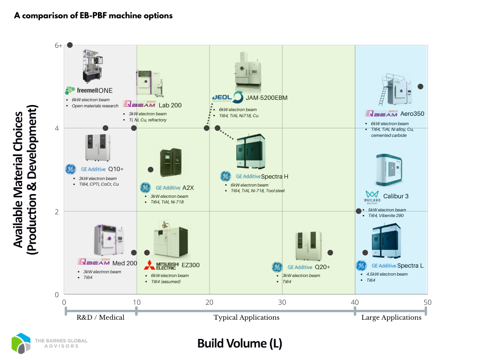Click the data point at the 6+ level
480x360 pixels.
[70, 45]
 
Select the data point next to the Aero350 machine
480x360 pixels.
[420, 87]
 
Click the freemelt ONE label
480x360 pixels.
[89, 90]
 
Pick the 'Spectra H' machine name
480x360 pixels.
[274, 176]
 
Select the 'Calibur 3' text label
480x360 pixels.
[396, 196]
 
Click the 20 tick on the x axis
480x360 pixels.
[210, 302]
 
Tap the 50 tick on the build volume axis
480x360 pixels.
[427, 302]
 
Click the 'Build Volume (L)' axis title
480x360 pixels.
[240, 344]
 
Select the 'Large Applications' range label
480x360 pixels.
[391, 317]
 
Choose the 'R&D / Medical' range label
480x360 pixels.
[100, 317]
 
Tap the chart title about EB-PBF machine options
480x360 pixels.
[93, 15]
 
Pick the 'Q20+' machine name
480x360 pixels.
[322, 267]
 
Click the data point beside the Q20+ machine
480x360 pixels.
[330, 253]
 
